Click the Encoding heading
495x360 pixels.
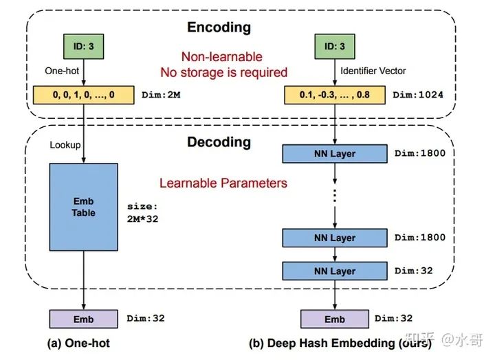[218, 28]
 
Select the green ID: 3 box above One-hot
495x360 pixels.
[83, 47]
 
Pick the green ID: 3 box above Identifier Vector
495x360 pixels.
[334, 47]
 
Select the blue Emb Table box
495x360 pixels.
[83, 207]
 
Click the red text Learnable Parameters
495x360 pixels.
[223, 183]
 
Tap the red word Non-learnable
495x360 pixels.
[221, 57]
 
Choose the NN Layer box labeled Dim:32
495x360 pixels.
[334, 271]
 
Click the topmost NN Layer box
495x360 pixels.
[334, 154]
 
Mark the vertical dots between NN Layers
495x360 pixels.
[334, 195]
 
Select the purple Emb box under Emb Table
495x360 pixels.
[83, 319]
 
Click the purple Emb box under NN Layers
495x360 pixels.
[334, 319]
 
